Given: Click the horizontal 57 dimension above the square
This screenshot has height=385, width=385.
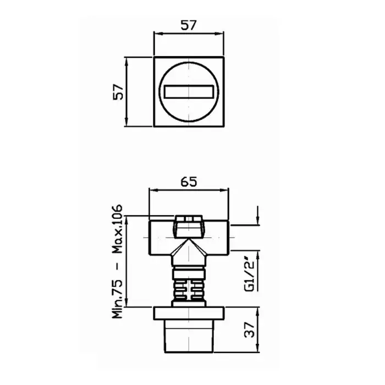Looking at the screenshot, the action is click(x=189, y=25).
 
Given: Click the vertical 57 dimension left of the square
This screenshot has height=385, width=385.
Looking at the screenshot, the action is click(x=118, y=92).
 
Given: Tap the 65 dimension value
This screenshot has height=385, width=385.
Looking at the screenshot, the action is click(x=189, y=182).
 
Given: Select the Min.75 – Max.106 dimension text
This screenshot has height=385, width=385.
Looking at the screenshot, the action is click(x=117, y=261).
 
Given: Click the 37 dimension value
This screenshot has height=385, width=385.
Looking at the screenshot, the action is click(x=250, y=330).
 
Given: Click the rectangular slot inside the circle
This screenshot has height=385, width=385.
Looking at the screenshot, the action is click(x=189, y=92).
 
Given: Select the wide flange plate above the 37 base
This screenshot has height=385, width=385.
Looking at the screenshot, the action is click(x=189, y=313).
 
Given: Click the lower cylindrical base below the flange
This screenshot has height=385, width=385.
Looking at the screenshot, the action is click(x=189, y=337).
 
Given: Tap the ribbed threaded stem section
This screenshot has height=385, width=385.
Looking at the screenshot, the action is click(x=189, y=290).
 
